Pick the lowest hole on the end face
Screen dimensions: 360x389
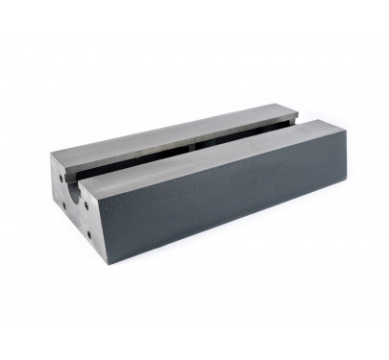click(x=87, y=233)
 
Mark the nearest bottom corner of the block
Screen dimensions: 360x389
click(x=95, y=259)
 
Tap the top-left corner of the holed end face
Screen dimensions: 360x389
click(x=47, y=157)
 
